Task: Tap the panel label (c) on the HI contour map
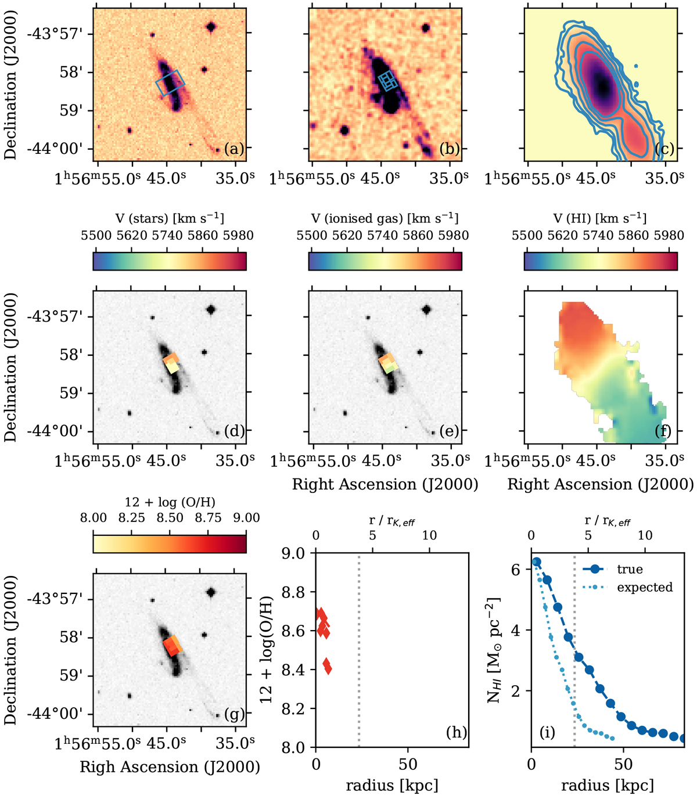pos(664,149)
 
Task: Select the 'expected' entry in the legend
pos(645,587)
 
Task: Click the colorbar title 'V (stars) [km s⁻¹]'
pos(169,218)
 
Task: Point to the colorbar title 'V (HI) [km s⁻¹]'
pos(601,218)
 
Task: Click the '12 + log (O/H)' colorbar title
pos(169,501)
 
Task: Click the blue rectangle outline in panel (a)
pos(170,84)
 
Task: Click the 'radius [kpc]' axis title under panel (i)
pos(607,786)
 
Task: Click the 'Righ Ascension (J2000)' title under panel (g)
pos(170,767)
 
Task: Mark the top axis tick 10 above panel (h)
pos(429,535)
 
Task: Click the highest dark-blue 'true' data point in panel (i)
pos(537,562)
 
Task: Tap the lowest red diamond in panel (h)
pos(328,670)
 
